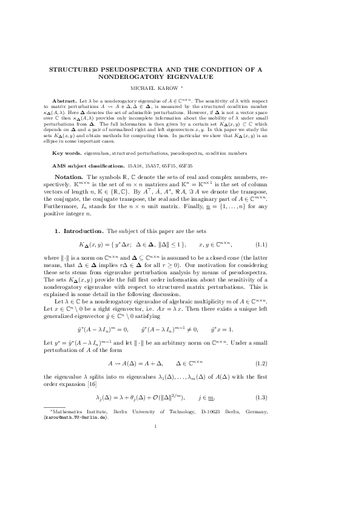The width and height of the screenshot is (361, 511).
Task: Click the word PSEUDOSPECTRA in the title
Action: pyautogui.click(x=128, y=70)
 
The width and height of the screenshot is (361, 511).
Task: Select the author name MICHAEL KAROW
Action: pyautogui.click(x=178, y=87)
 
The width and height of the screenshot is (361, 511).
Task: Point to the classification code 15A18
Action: pyautogui.click(x=136, y=165)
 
